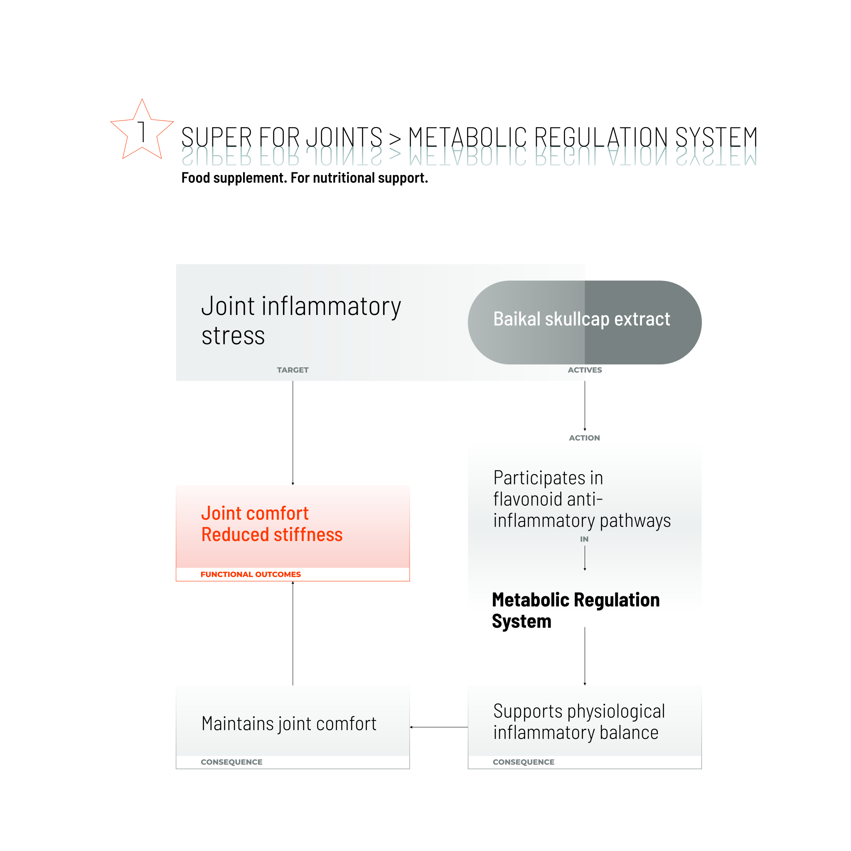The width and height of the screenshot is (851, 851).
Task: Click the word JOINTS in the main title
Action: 344,137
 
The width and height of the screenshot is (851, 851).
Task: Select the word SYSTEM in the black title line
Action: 716,137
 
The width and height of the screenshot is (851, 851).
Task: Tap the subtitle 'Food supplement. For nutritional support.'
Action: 304,178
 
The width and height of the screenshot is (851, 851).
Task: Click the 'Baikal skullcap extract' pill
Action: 585,322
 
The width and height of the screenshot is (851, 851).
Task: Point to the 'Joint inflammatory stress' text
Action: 301,321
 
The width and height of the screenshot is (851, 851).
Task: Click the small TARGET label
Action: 293,370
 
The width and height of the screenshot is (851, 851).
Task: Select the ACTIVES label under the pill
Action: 585,370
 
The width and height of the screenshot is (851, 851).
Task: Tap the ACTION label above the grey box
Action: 584,438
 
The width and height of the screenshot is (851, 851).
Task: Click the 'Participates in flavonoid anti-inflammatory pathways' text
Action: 581,499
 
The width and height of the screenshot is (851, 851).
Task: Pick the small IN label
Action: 584,539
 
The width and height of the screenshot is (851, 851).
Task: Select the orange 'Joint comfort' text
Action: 255,514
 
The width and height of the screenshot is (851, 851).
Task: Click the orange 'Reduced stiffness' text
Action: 272,535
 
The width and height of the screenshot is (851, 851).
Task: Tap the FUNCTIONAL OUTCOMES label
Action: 251,574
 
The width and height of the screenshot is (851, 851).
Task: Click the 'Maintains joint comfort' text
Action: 289,724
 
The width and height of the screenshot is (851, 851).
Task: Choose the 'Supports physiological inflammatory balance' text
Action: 579,722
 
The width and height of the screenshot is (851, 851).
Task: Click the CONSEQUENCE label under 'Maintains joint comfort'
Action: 232,762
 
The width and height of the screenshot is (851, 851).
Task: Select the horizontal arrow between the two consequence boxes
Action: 439,727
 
